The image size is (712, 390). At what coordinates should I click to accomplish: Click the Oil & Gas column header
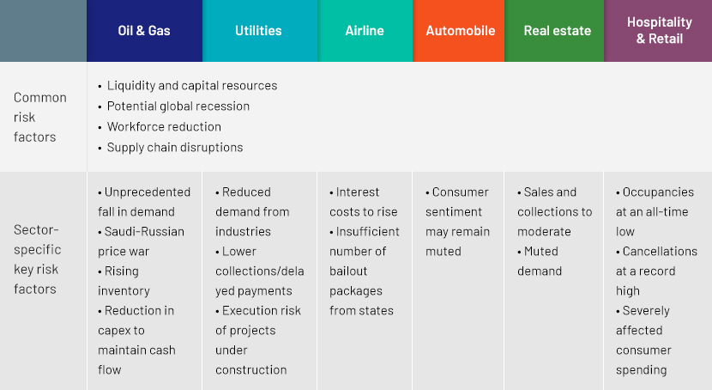(144, 30)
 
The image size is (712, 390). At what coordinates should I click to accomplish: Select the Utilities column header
(258, 30)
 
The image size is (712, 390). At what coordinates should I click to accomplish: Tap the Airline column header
(365, 30)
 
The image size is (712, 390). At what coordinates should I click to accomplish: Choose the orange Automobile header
(460, 30)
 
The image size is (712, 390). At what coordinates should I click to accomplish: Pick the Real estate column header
(557, 30)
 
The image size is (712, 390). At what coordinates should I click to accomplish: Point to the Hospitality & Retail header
(660, 30)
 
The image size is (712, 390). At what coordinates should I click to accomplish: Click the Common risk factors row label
(40, 118)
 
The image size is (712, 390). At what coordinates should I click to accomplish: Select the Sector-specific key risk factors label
(37, 259)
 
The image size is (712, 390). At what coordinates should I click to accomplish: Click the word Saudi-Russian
(144, 231)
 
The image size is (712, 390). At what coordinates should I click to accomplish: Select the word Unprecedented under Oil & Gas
(148, 192)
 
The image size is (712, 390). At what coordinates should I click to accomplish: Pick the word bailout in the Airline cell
(348, 271)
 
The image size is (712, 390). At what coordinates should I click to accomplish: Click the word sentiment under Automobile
(454, 212)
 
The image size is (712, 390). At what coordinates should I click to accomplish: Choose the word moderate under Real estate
(544, 231)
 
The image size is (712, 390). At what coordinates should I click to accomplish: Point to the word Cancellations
(660, 252)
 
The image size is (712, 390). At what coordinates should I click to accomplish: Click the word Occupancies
(658, 192)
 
